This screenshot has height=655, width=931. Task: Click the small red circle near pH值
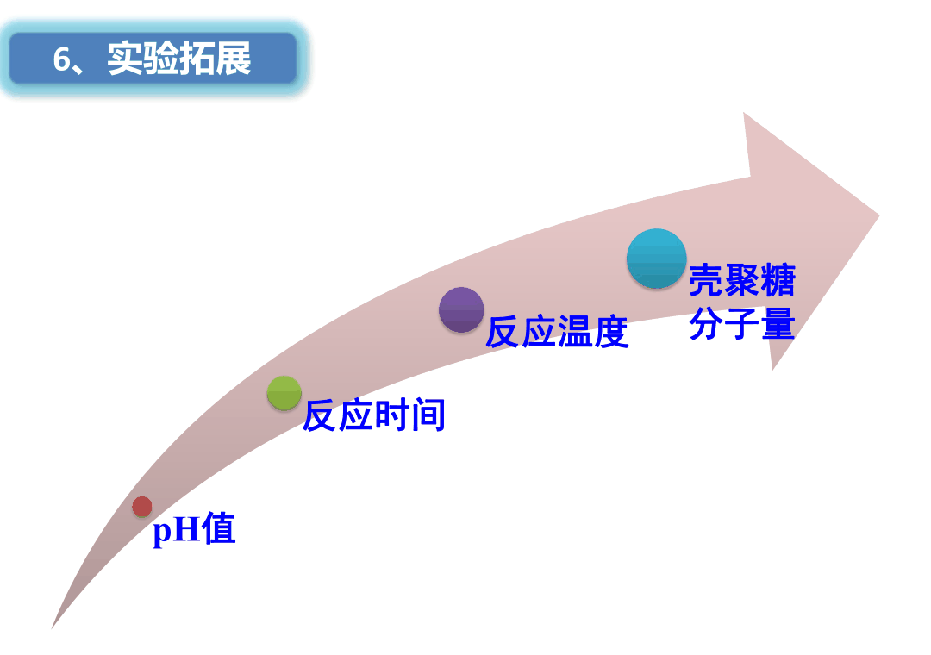[x=142, y=507]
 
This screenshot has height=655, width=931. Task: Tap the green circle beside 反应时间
[x=284, y=392]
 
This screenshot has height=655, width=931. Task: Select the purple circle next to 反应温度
[x=461, y=309]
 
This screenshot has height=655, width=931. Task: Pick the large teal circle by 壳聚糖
[x=657, y=259]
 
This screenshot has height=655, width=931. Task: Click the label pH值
[x=194, y=528]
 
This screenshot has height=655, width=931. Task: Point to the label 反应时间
[x=374, y=415]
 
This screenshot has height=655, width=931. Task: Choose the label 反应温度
[x=557, y=331]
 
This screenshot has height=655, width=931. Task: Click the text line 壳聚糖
[x=742, y=280]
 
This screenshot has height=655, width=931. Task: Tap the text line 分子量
[x=742, y=323]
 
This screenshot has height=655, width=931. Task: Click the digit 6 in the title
[x=61, y=59]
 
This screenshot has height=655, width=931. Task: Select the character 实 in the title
[x=125, y=59]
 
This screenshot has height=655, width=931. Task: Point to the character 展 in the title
[x=234, y=59]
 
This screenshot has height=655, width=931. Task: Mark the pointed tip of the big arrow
[x=878, y=215]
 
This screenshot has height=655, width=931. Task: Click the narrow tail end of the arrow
[x=53, y=627]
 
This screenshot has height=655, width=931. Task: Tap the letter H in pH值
[x=186, y=528]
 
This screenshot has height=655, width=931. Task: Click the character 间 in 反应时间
[x=428, y=415]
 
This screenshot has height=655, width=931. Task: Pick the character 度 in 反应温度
[x=611, y=331]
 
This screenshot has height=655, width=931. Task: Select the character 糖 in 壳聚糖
[x=778, y=280]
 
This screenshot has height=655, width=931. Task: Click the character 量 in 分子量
[x=778, y=323]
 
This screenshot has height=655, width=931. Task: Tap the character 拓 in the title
[x=197, y=59]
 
